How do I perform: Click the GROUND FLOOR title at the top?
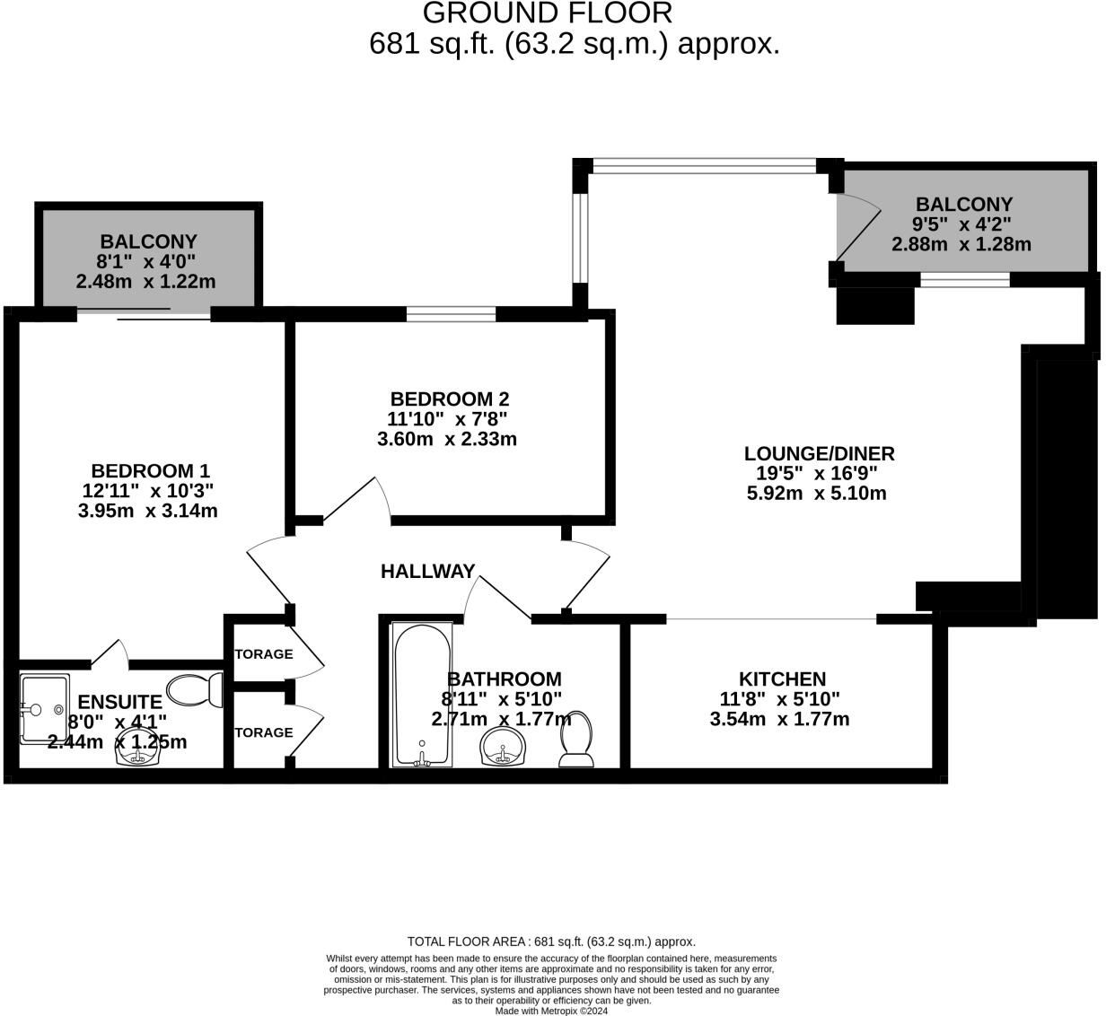pyautogui.click(x=547, y=13)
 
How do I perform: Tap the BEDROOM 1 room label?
pyautogui.click(x=150, y=471)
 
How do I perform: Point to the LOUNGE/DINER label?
pyautogui.click(x=819, y=454)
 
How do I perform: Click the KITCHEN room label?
pyautogui.click(x=781, y=679)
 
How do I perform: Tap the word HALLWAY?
pyautogui.click(x=427, y=572)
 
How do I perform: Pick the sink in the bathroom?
pyautogui.click(x=504, y=748)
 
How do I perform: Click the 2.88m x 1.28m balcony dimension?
pyautogui.click(x=961, y=244)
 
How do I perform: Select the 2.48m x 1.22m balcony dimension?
pyautogui.click(x=146, y=282)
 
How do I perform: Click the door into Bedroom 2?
pyautogui.click(x=357, y=498)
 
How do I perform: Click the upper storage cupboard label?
pyautogui.click(x=263, y=654)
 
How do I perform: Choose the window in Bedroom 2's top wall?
pyautogui.click(x=451, y=313)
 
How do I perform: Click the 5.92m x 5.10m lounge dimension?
pyautogui.click(x=816, y=494)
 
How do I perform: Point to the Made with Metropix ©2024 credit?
pyautogui.click(x=551, y=1011)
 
